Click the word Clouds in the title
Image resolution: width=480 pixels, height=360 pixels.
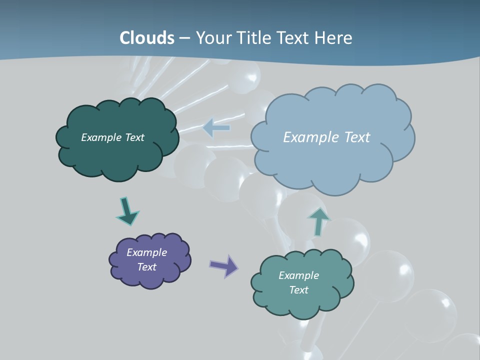(x=147, y=38)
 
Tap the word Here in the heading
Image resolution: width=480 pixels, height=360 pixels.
(x=333, y=38)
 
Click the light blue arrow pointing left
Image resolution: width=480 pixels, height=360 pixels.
(x=216, y=128)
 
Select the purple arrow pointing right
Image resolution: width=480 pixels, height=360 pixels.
(x=224, y=265)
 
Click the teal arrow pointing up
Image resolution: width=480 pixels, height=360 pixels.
(x=318, y=221)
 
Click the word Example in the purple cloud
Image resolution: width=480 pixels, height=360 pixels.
(x=146, y=252)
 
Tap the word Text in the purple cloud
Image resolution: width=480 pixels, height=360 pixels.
(x=147, y=267)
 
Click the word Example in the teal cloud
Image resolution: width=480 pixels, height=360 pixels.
(x=298, y=275)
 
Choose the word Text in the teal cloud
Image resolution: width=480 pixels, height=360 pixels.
(x=298, y=290)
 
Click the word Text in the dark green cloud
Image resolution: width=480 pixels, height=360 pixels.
(x=134, y=137)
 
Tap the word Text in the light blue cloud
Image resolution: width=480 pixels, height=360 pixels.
(x=356, y=137)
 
